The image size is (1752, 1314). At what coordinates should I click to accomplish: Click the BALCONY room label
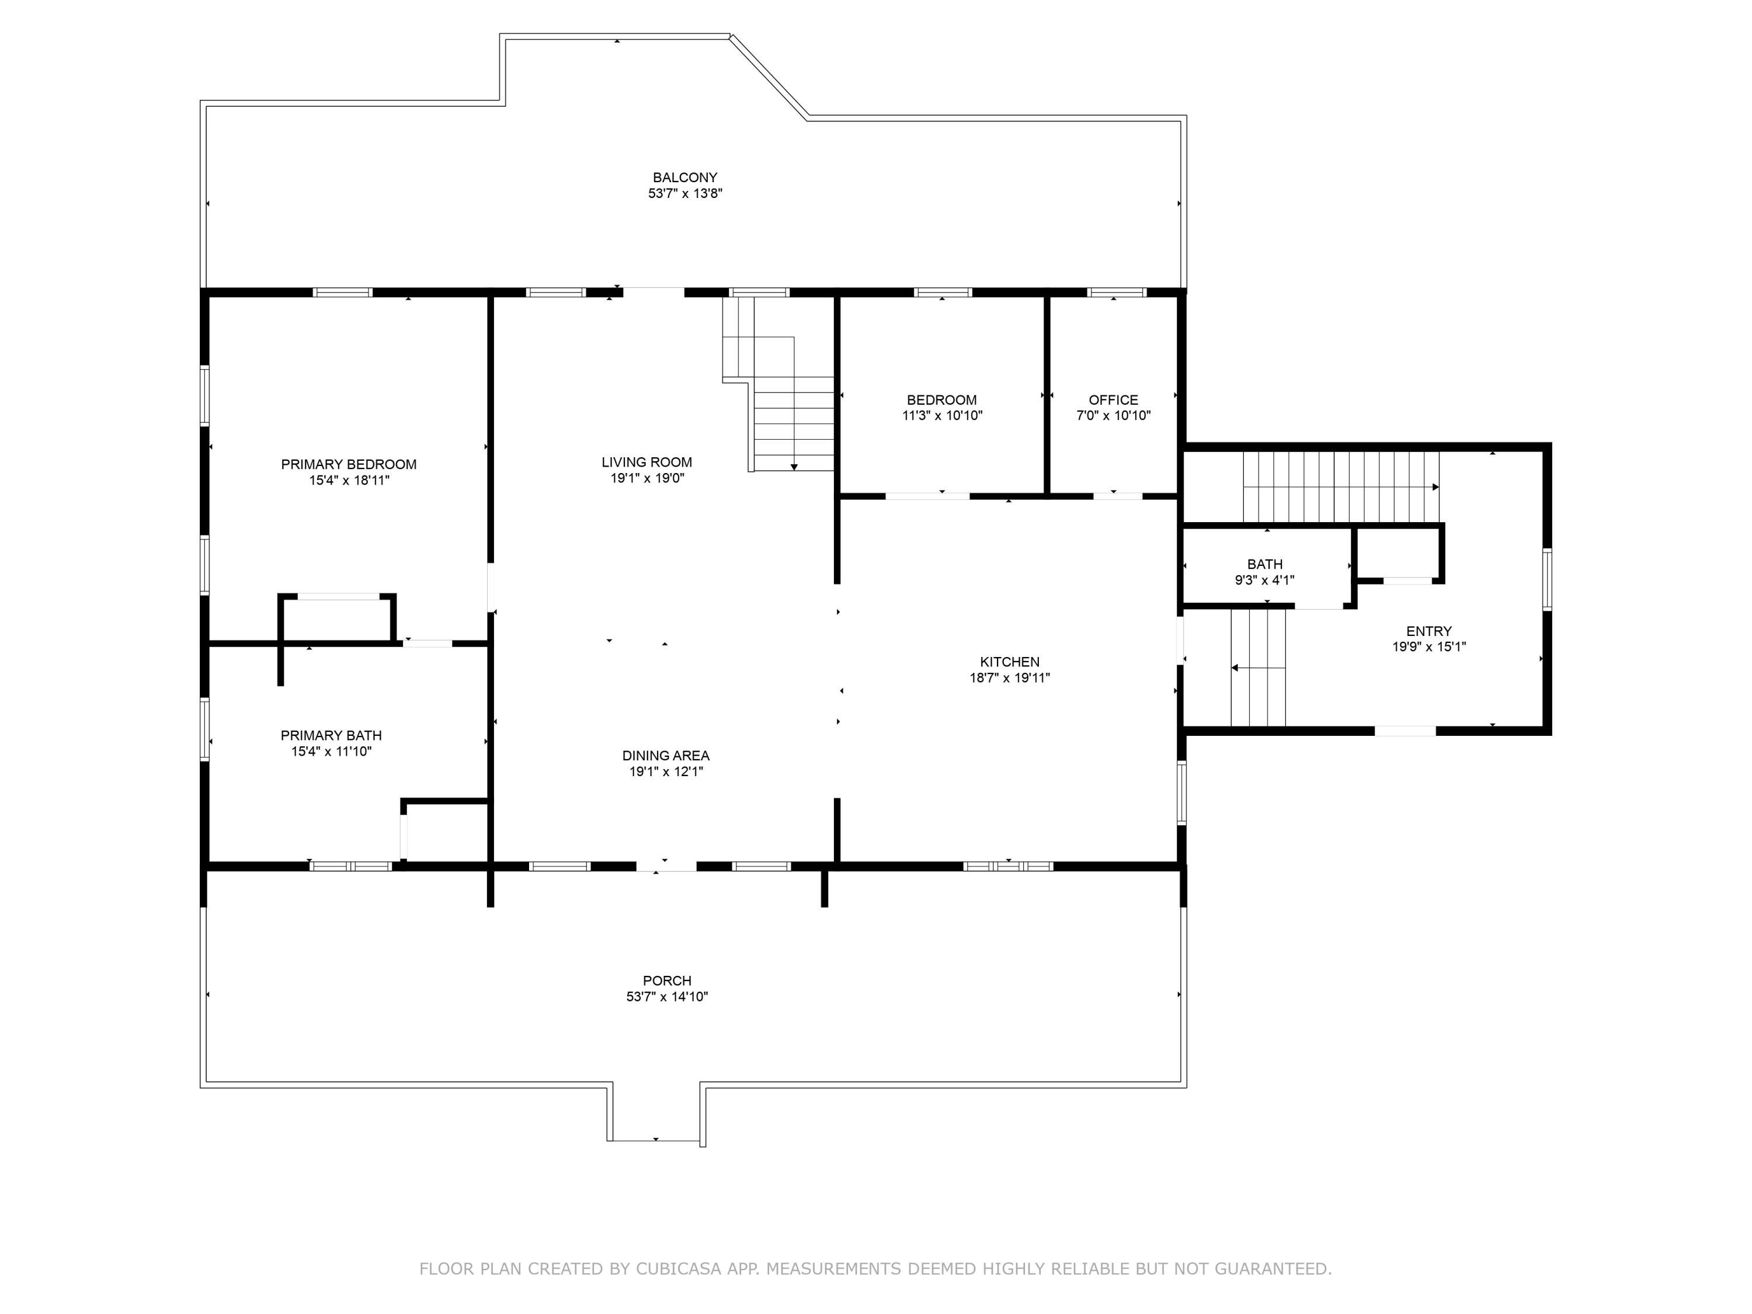684,178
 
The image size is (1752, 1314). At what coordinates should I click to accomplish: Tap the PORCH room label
667,981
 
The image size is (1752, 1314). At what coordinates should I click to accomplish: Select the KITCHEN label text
1010,661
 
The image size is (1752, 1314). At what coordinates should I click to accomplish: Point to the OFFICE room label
1113,400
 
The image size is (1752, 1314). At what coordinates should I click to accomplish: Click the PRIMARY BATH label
331,735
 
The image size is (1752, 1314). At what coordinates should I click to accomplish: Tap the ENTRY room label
1429,631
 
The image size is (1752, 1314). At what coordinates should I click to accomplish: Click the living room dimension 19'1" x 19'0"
647,478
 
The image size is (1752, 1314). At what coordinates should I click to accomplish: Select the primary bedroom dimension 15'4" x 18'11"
349,480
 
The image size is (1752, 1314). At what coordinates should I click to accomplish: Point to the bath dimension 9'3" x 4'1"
1265,580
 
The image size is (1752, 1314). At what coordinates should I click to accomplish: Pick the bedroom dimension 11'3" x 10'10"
943,415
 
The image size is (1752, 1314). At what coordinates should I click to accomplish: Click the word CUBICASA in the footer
679,1269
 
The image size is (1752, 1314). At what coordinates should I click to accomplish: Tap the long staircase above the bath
1341,487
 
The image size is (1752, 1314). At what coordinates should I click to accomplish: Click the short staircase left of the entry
1258,668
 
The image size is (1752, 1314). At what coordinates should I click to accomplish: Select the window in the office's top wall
1117,292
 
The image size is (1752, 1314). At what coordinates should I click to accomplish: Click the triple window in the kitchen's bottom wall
1008,865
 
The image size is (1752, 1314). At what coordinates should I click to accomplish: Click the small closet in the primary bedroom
336,618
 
